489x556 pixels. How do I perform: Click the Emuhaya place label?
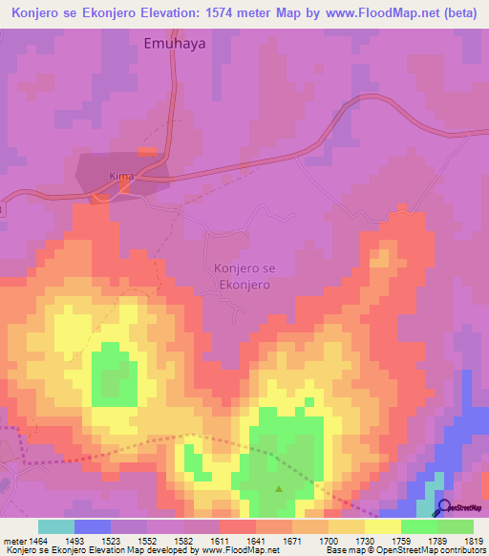pyautogui.click(x=175, y=43)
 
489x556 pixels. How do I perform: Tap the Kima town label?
pyautogui.click(x=121, y=177)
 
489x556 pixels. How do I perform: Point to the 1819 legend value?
pyautogui.click(x=474, y=541)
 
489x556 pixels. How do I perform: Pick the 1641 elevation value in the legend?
pyautogui.click(x=255, y=541)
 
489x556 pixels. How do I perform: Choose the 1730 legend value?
pyautogui.click(x=364, y=541)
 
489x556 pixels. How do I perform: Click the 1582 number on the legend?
pyautogui.click(x=183, y=541)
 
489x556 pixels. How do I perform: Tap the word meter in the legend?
pyautogui.click(x=12, y=541)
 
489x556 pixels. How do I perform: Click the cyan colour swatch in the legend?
pyautogui.click(x=55, y=526)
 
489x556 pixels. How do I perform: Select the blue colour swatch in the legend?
pyautogui.click(x=92, y=526)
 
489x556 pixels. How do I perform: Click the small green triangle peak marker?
pyautogui.click(x=279, y=489)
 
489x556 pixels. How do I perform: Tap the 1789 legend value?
pyautogui.click(x=436, y=541)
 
